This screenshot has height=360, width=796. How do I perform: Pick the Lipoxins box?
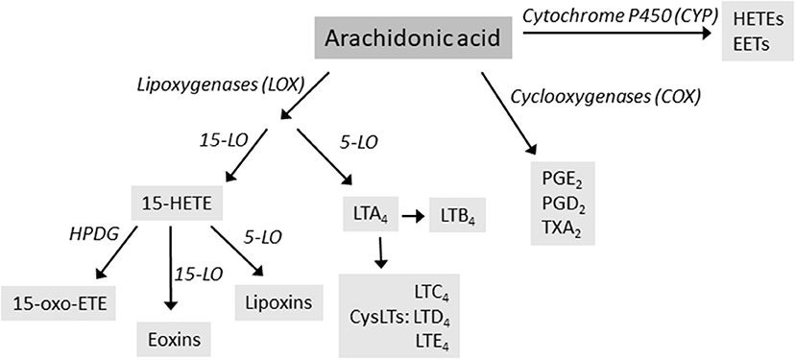click(278, 303)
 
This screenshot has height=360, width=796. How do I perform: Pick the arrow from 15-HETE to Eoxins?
click(170, 269)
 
